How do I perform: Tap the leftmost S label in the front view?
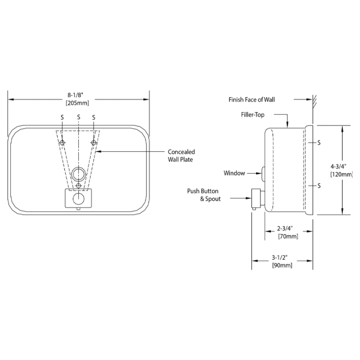click(62, 117)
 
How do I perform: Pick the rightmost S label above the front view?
click(94, 117)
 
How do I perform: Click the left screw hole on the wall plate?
click(62, 142)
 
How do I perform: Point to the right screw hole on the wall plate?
click(94, 142)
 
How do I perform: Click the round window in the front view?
click(78, 172)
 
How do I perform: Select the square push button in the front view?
click(78, 198)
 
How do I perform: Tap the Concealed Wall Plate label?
click(182, 155)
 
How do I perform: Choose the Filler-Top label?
click(252, 115)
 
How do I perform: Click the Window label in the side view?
click(235, 173)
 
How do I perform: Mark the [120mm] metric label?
click(341, 174)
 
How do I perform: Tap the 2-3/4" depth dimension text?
click(285, 228)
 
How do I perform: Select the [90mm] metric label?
click(282, 265)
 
